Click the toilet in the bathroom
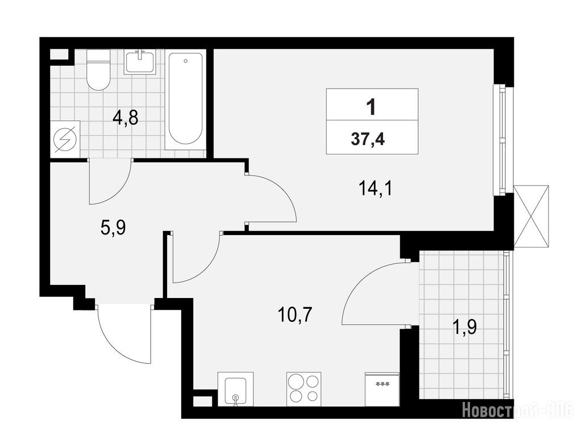point(98,70)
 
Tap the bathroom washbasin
point(140,62)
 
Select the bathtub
point(185,99)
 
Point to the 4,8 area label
point(126,118)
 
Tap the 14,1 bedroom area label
point(375,188)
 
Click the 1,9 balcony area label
point(465,327)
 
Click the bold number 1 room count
point(371,107)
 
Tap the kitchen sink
point(235,389)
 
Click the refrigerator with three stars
point(382,389)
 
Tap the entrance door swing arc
point(111,345)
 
